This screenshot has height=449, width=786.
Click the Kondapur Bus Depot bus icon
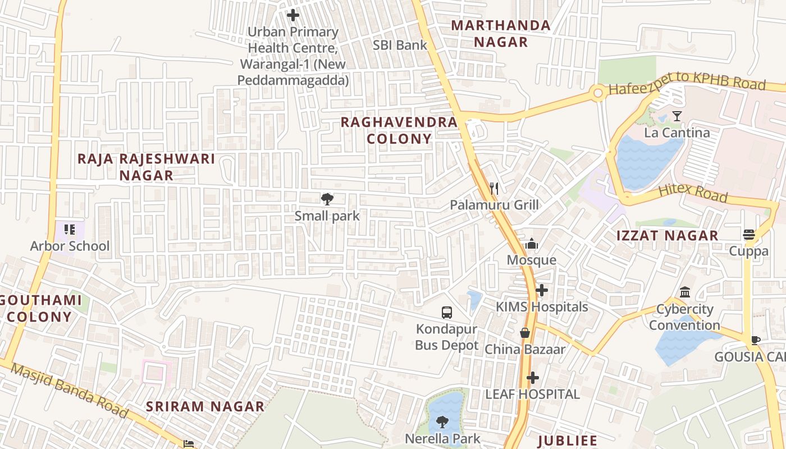tap(447, 313)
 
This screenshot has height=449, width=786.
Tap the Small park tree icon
tap(327, 199)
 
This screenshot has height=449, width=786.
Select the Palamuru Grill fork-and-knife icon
tap(494, 188)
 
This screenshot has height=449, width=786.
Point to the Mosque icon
tap(531, 244)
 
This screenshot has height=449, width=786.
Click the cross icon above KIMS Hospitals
tap(542, 290)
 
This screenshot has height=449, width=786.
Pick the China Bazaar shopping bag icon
tap(525, 333)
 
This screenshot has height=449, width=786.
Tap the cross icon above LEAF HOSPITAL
tap(532, 378)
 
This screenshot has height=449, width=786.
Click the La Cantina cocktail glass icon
tap(677, 116)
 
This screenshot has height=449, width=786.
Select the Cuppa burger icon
tap(749, 234)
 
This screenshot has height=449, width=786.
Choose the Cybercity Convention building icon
tap(685, 292)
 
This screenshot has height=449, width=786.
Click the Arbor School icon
tap(70, 229)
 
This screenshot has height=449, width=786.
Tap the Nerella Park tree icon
tap(442, 421)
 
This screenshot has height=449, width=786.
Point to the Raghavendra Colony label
tap(399, 130)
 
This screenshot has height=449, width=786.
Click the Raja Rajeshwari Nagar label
tap(146, 167)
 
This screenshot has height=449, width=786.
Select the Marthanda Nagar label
tap(501, 34)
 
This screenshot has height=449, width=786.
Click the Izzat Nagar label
tap(668, 236)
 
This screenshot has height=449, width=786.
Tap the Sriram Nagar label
tap(205, 406)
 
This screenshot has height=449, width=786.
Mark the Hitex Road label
tap(692, 192)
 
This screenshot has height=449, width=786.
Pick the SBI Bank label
tap(400, 45)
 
